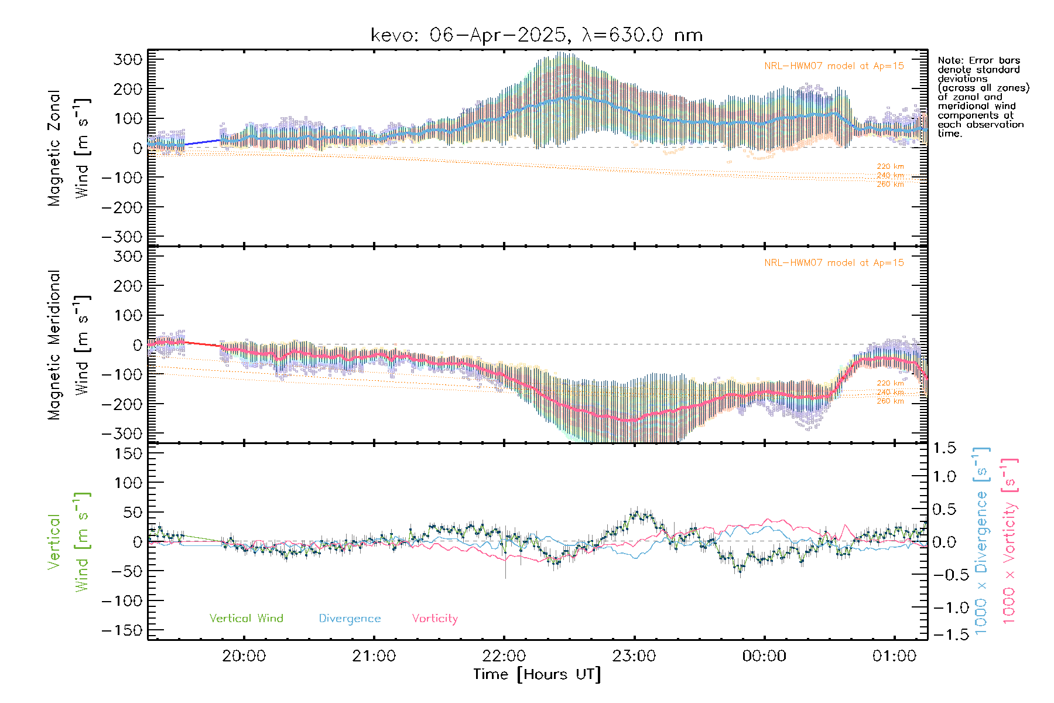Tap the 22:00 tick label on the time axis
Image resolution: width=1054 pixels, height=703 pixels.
tap(504, 656)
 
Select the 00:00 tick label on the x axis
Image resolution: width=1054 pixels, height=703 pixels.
tap(764, 656)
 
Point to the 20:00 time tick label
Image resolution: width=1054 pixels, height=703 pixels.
tap(244, 656)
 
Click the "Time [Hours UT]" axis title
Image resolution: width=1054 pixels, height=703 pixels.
tap(537, 674)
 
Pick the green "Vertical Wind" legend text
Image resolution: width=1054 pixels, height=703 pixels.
tap(246, 618)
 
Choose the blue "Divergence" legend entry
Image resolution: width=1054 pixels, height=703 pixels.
tap(350, 618)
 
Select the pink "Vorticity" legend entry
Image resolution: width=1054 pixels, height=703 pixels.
tap(434, 618)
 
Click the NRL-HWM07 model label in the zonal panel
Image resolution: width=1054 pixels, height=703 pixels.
tap(834, 66)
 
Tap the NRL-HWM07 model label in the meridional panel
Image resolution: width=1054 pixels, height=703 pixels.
tap(834, 263)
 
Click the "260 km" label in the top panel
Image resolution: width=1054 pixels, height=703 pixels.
tap(890, 185)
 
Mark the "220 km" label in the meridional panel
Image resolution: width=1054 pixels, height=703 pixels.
tap(890, 383)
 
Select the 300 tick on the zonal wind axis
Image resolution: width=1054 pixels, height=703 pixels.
tap(128, 59)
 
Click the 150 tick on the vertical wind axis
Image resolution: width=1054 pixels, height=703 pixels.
tap(128, 453)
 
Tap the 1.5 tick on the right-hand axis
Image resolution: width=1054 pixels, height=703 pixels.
tap(945, 448)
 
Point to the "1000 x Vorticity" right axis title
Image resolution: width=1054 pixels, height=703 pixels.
tap(1009, 541)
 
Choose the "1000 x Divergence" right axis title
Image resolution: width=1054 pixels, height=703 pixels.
tap(981, 541)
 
